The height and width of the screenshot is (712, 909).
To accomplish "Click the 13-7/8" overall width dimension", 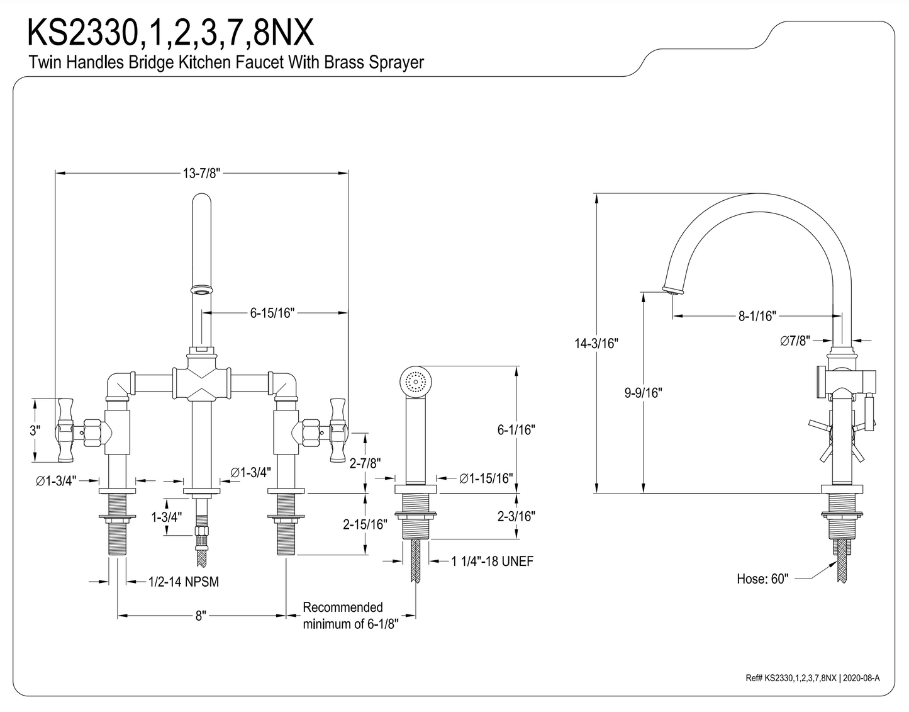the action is pos(201,173).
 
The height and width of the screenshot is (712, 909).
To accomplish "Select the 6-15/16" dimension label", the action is pos(272,313).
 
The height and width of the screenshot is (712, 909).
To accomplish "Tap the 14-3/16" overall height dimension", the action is pos(596,343).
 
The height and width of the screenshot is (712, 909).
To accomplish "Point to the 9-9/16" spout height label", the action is pos(643,393).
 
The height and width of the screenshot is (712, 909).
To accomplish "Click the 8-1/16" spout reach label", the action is pos(757,315).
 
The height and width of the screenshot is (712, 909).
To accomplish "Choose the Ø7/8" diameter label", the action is pos(795,341).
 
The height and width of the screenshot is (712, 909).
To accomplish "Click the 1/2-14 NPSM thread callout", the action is pos(184,582).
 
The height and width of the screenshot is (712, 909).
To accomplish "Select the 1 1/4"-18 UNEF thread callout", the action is pos(492,561).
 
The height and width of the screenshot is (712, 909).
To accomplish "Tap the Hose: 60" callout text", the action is pos(762,579).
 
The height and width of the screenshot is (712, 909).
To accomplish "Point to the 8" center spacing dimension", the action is pos(201,616).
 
